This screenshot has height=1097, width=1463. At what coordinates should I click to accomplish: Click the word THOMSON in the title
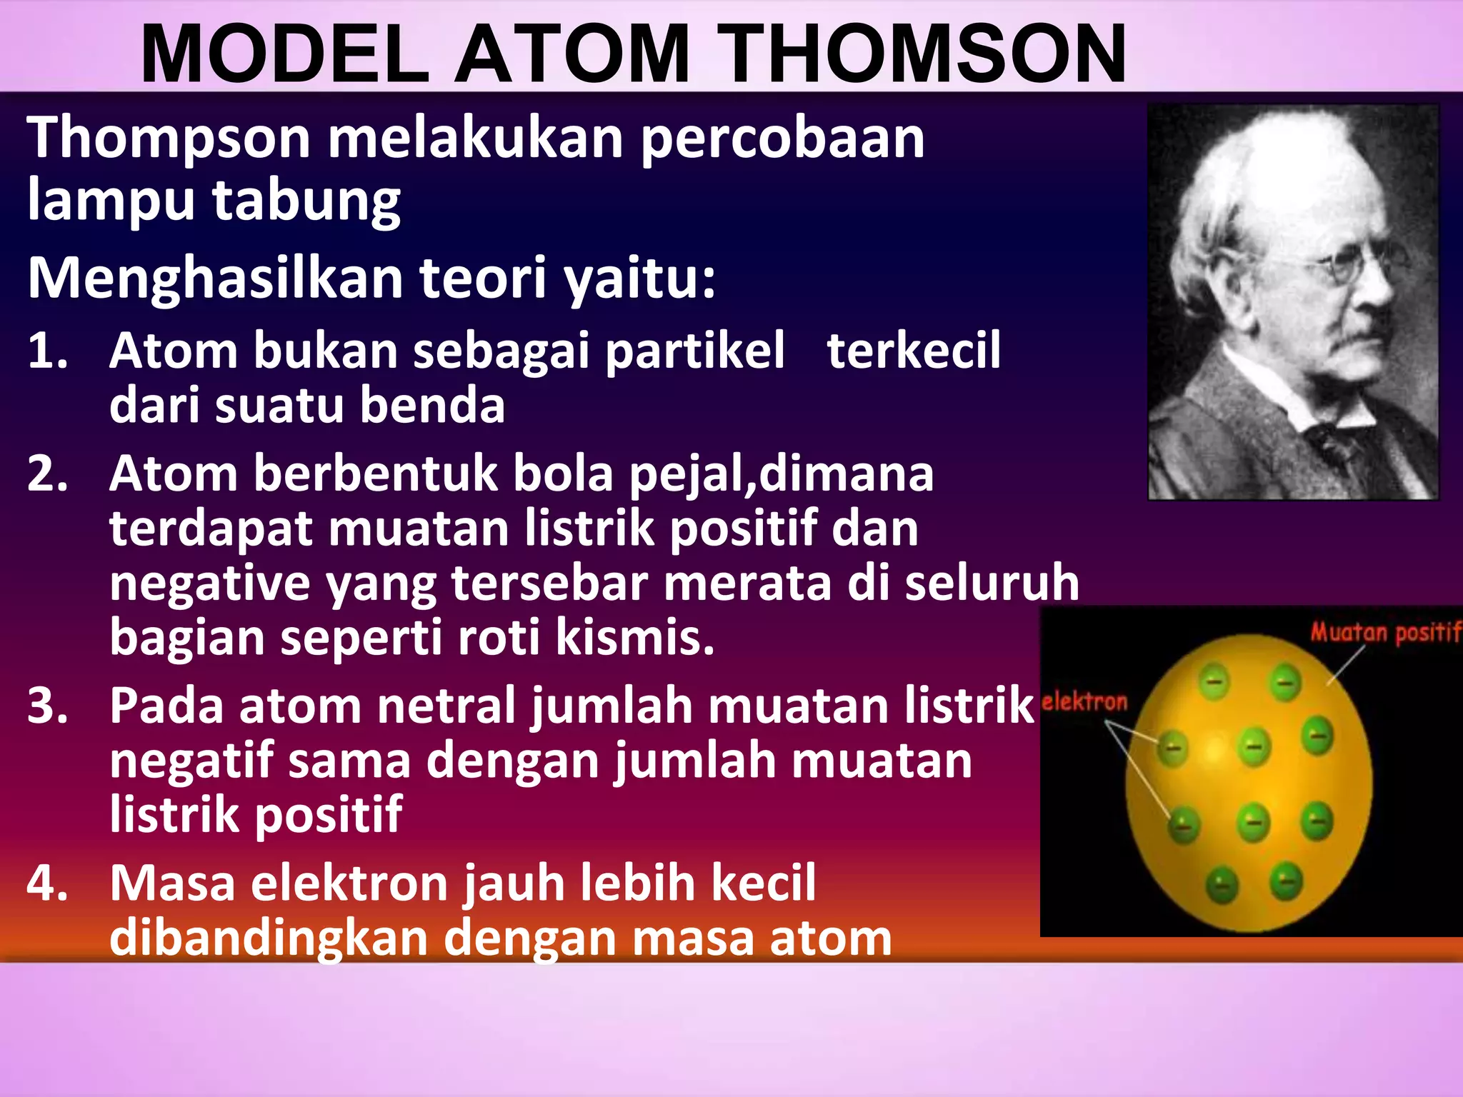927,55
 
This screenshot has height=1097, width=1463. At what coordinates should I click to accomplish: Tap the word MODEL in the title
285,55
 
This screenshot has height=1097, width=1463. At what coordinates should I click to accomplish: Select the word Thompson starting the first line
169,138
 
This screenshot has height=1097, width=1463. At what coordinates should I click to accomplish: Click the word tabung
306,201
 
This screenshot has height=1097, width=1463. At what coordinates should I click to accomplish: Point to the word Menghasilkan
215,278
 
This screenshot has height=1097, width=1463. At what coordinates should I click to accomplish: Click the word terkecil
914,351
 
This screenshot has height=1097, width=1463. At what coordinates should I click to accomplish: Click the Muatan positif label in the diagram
1384,633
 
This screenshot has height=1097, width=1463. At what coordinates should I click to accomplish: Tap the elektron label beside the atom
1084,702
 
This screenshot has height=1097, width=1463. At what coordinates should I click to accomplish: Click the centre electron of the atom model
1254,747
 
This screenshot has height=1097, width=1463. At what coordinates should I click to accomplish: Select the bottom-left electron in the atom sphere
1222,886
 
